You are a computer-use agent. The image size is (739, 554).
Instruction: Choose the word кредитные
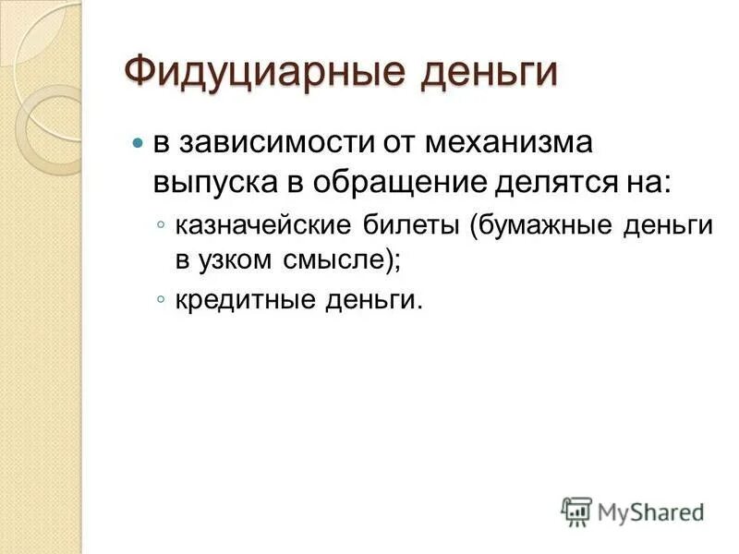pos(239,301)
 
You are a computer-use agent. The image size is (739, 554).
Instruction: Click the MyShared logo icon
pos(577,510)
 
